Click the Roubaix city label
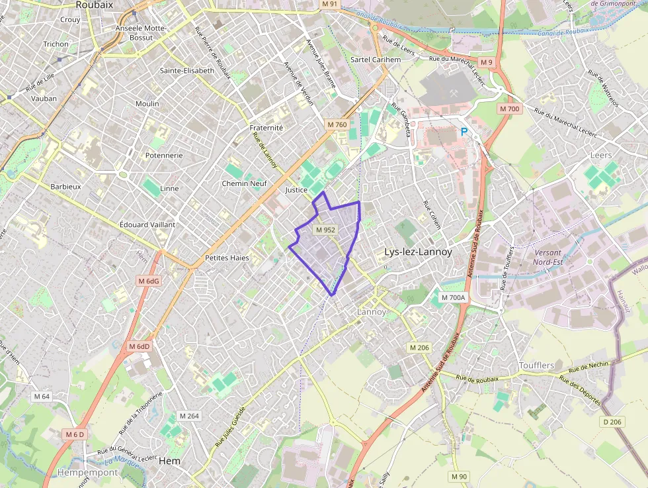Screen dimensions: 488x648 pyautogui.click(x=95, y=5)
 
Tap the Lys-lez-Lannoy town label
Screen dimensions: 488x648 pyautogui.click(x=418, y=252)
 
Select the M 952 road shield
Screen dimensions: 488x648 pyautogui.click(x=325, y=230)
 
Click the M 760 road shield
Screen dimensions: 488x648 pyautogui.click(x=337, y=124)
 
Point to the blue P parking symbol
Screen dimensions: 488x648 pyautogui.click(x=464, y=132)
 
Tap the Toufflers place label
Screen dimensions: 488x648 pyautogui.click(x=536, y=366)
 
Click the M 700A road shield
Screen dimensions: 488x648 pyautogui.click(x=454, y=298)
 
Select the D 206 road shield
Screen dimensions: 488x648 pyautogui.click(x=613, y=422)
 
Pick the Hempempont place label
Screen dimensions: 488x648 pyautogui.click(x=87, y=473)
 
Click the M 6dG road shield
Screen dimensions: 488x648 pyautogui.click(x=149, y=281)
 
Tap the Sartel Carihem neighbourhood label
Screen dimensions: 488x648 pyautogui.click(x=376, y=60)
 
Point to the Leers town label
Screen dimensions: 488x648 pyautogui.click(x=600, y=155)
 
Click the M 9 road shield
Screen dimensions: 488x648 pyautogui.click(x=486, y=62)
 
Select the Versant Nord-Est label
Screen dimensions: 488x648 pyautogui.click(x=547, y=257)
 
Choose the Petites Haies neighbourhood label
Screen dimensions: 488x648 pyautogui.click(x=227, y=258)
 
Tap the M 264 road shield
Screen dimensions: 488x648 pyautogui.click(x=189, y=416)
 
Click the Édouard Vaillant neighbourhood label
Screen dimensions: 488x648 pyautogui.click(x=147, y=224)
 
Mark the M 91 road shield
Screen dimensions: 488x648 pyautogui.click(x=329, y=4)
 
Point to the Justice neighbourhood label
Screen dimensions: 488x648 pyautogui.click(x=296, y=190)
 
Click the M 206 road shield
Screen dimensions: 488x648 pyautogui.click(x=419, y=348)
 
